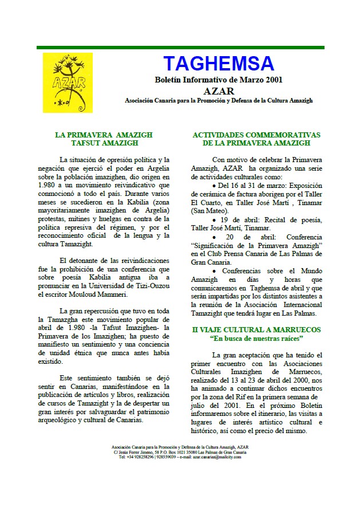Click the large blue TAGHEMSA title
click(x=218, y=63)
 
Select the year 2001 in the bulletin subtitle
click(x=271, y=80)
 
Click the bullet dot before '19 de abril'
click(x=214, y=220)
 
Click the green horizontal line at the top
click(x=180, y=47)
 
